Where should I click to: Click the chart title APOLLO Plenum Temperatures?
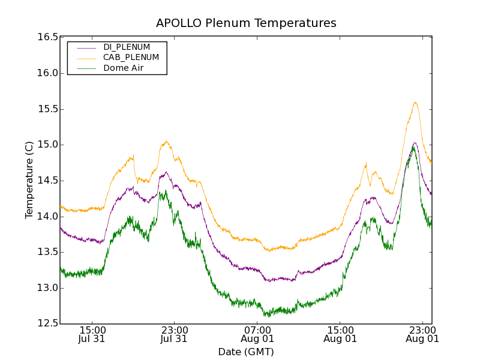pyautogui.click(x=246, y=23)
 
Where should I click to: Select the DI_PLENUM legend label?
pyautogui.click(x=127, y=47)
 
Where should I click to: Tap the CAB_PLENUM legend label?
pyautogui.click(x=131, y=58)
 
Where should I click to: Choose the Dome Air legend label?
pyautogui.click(x=123, y=68)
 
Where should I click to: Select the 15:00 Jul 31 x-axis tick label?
pyautogui.click(x=93, y=334)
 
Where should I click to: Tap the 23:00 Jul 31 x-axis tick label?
pyautogui.click(x=175, y=334)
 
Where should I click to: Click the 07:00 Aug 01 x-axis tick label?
pyautogui.click(x=257, y=334)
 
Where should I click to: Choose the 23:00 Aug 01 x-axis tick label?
pyautogui.click(x=422, y=334)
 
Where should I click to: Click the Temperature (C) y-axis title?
pyautogui.click(x=29, y=180)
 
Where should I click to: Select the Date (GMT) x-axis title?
pyautogui.click(x=246, y=352)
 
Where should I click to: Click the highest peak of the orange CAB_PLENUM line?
pyautogui.click(x=415, y=102)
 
